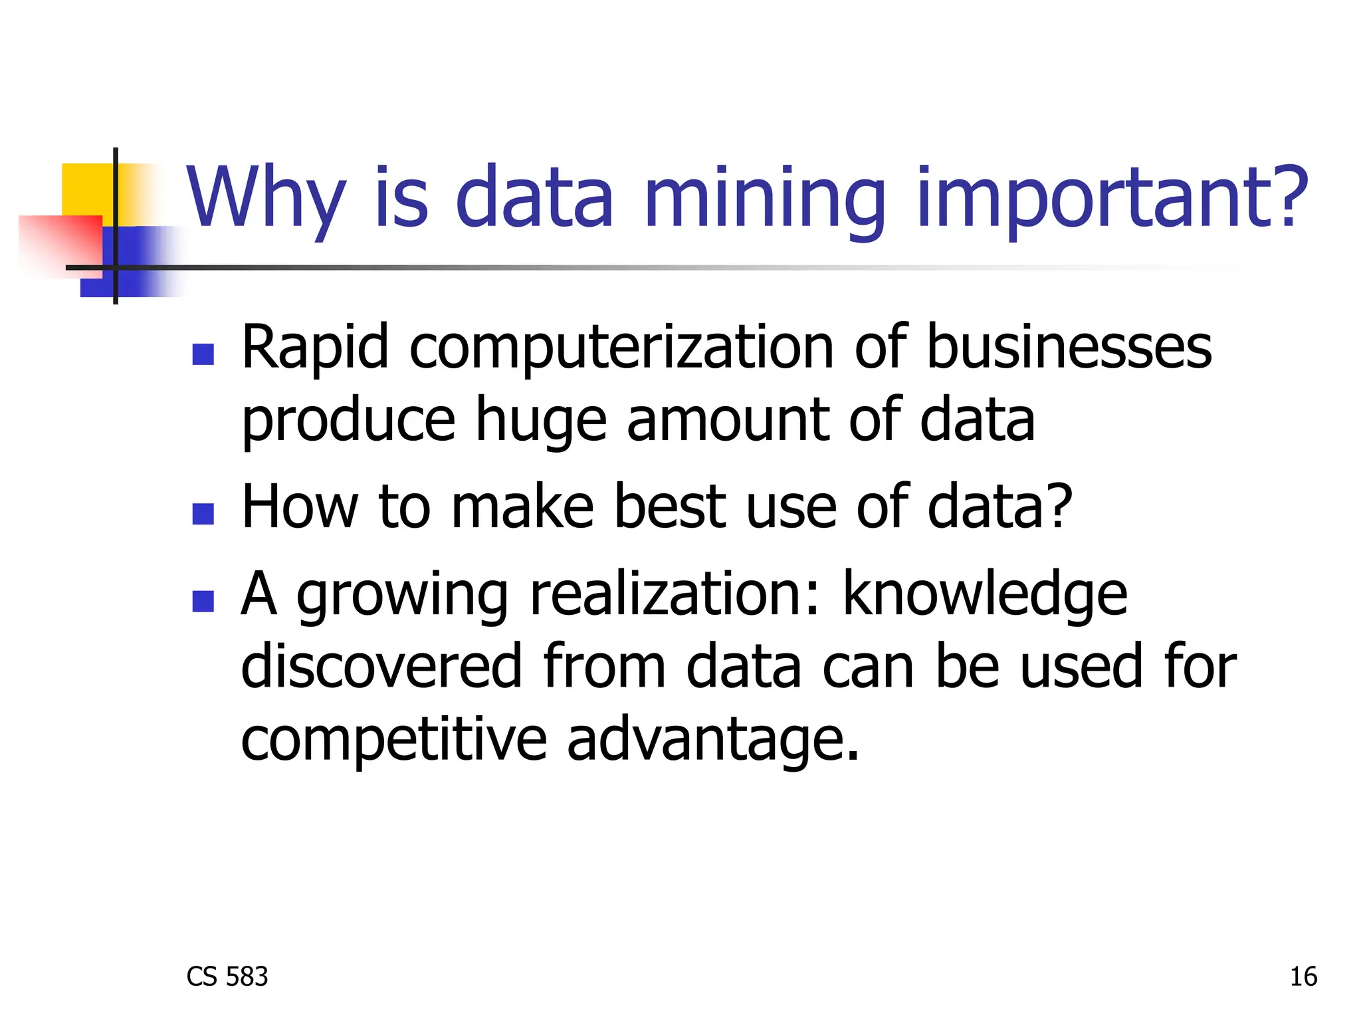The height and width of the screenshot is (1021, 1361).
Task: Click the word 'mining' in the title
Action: tap(764, 197)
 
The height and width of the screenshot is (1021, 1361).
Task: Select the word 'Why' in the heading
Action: tap(266, 197)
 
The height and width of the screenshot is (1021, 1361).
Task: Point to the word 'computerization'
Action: tap(621, 348)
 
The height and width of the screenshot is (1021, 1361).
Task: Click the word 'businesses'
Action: tap(1069, 348)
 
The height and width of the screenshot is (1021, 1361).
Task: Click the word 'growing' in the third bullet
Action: tap(402, 596)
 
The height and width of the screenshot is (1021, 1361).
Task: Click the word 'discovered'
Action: tap(382, 667)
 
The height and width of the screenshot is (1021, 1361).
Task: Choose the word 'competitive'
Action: tap(393, 740)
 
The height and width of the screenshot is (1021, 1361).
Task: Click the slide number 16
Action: tap(1303, 977)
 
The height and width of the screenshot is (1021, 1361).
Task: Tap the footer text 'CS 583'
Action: tap(227, 977)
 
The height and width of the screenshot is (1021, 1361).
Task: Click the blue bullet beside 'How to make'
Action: tap(203, 514)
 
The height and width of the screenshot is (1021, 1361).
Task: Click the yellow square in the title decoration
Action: tap(86, 189)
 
